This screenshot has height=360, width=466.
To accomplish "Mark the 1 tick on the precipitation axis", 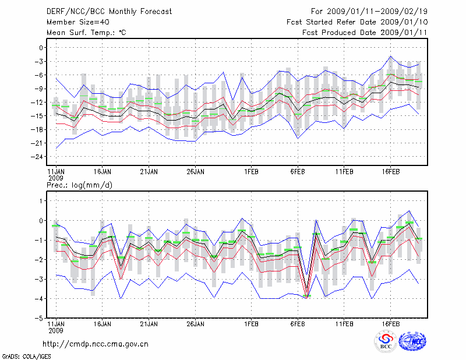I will click(42, 201).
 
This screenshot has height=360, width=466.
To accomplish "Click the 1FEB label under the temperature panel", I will click(252, 172).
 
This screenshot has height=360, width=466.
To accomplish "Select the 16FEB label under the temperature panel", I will click(390, 172).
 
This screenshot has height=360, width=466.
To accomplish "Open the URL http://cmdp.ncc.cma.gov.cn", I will click(96, 344).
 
